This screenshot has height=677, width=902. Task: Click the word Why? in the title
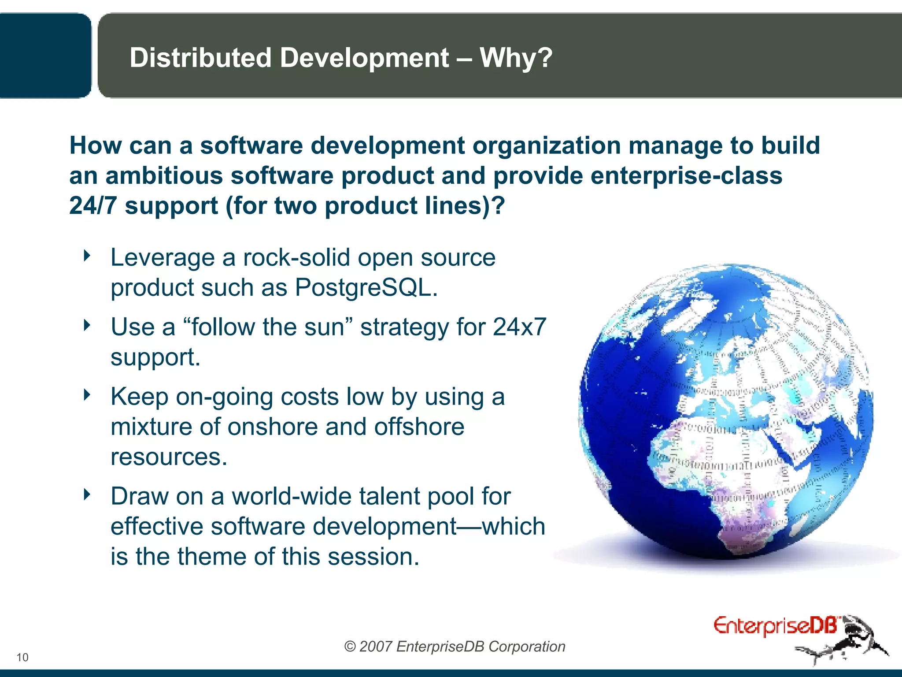point(516,58)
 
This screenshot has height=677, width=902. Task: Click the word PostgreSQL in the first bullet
point(366,288)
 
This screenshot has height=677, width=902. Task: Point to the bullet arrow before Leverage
point(87,255)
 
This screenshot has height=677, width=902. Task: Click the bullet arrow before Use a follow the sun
point(87,325)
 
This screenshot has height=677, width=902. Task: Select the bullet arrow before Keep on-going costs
point(87,394)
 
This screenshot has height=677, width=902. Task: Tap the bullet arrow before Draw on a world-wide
point(87,494)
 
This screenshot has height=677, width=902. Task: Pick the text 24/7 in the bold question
point(93,206)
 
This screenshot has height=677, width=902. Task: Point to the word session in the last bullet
point(373,556)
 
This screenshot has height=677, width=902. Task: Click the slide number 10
point(22,657)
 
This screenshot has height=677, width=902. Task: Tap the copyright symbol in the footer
point(350,647)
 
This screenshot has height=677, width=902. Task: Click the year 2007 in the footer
point(375,647)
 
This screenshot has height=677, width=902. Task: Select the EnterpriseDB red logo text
point(775,626)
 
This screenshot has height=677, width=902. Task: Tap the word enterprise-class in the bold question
point(686,175)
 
